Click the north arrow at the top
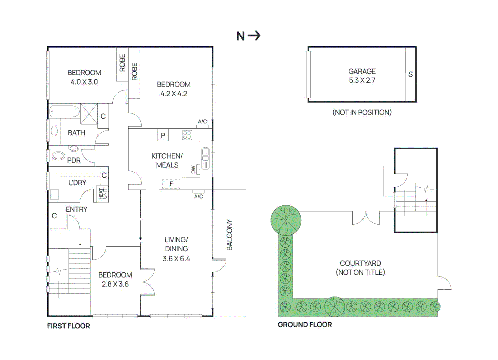coord(254,36)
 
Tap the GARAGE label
coord(362,71)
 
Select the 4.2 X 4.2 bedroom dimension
coord(174,94)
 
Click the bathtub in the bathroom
coord(64,111)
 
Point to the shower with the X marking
coord(89,114)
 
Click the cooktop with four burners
coord(187,135)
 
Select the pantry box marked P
coord(163,135)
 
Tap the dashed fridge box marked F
coord(171,184)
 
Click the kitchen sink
coord(205,158)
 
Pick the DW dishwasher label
coord(193,170)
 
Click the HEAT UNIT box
coord(103,194)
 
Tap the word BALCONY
coord(229,235)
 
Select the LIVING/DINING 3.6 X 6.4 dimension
coord(176,259)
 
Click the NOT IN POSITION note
coord(362,112)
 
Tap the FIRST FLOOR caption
coord(68,326)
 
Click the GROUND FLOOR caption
coord(305,325)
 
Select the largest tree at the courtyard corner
coord(286,220)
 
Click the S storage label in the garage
coord(410,74)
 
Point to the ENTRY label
coord(76,209)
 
